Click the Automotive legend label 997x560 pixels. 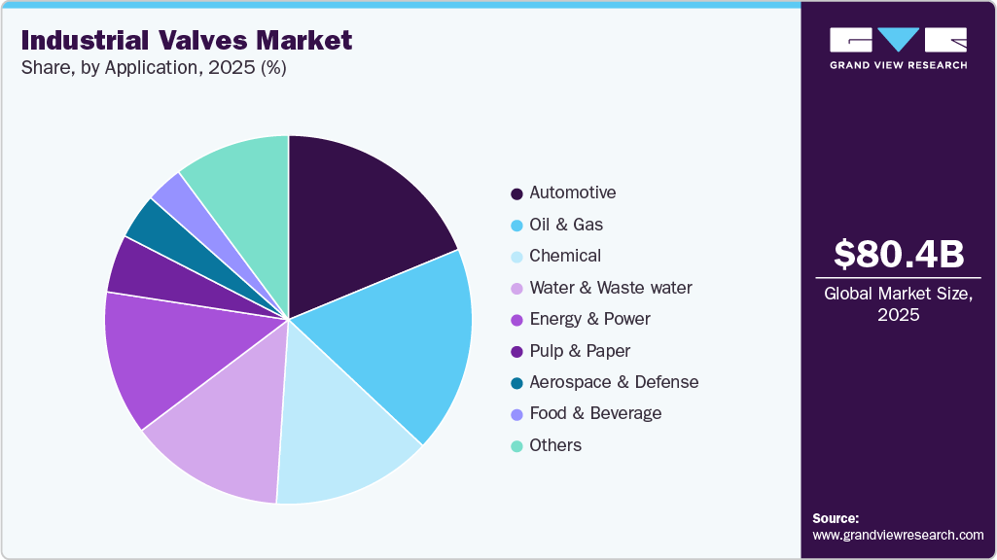click(x=572, y=192)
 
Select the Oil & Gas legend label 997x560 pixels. click(x=566, y=225)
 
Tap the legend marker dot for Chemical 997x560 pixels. click(x=516, y=257)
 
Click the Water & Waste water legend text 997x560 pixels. click(x=611, y=288)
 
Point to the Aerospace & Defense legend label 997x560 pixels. click(x=614, y=382)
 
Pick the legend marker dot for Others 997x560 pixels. click(x=516, y=446)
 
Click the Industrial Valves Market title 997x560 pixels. click(x=186, y=41)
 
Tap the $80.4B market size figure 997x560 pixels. click(x=899, y=254)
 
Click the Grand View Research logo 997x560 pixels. click(x=898, y=47)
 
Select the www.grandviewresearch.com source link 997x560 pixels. click(x=898, y=535)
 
